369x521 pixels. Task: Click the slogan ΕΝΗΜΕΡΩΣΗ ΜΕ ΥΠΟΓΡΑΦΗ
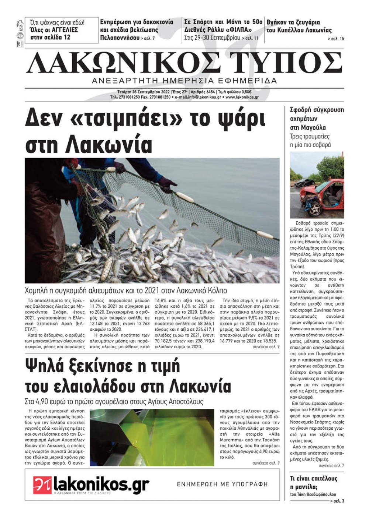222,484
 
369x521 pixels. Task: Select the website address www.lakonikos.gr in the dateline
242,97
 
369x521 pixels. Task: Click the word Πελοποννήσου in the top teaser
119,38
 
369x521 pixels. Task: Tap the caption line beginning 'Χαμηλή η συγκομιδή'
125,291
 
